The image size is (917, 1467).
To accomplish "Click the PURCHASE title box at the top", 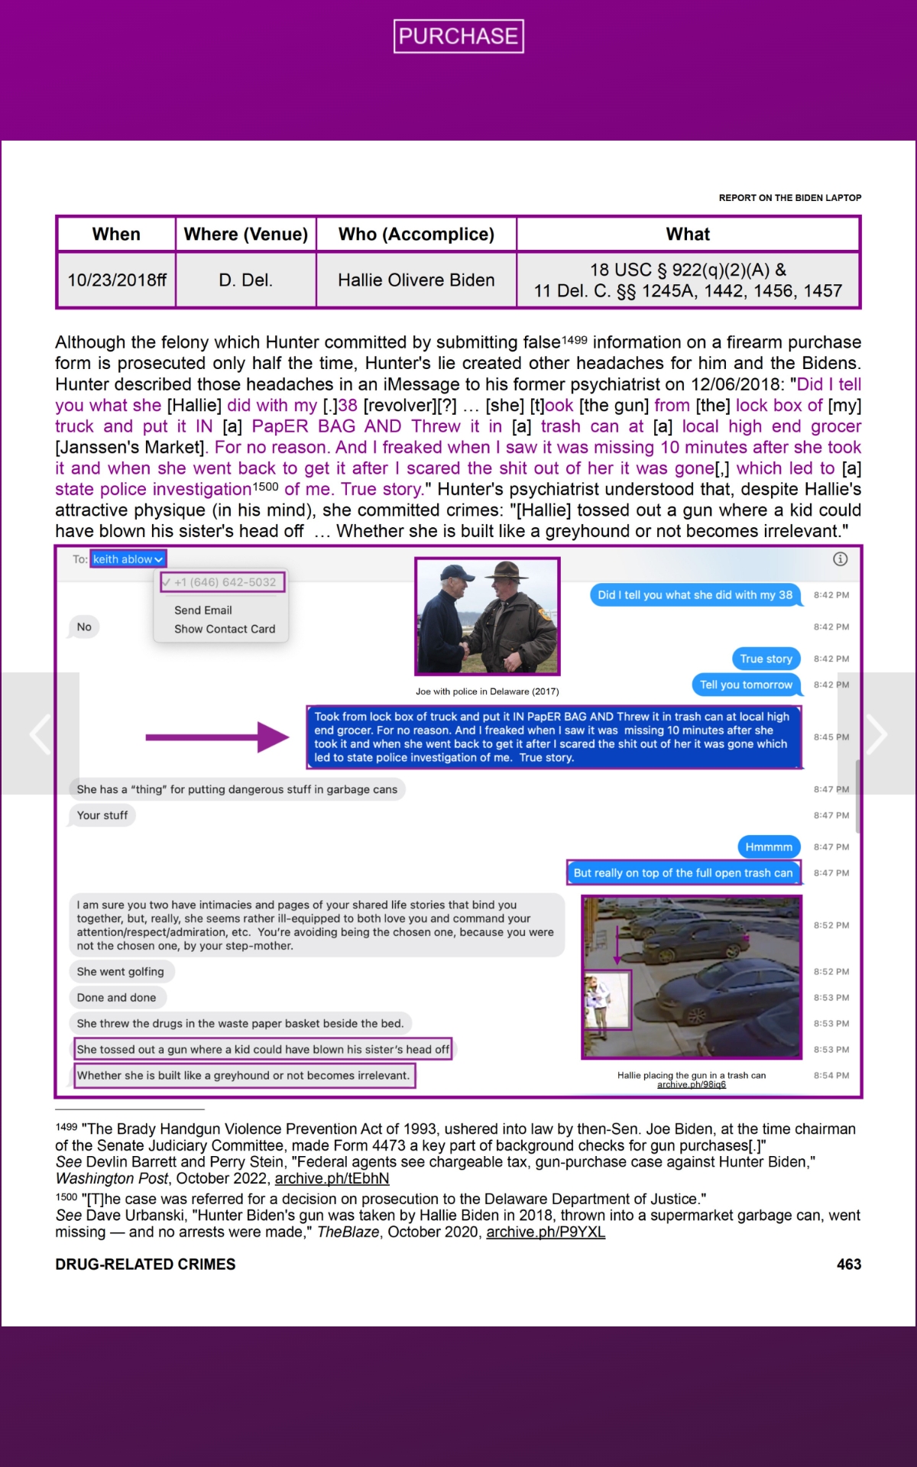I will [458, 36].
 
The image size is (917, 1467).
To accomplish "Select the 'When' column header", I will [116, 235].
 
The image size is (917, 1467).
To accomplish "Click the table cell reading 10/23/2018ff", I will [117, 280].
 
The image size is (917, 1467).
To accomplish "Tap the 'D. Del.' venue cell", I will [245, 280].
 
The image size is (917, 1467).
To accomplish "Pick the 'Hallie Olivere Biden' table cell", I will [416, 280].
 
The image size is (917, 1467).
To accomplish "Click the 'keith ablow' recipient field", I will [128, 559].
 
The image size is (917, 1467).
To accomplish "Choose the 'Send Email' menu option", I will [203, 610].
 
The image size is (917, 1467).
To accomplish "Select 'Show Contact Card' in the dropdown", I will [225, 629].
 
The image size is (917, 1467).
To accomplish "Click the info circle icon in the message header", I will [840, 559].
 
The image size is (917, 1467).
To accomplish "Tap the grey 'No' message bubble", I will [84, 627].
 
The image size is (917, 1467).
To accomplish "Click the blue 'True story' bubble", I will [766, 659].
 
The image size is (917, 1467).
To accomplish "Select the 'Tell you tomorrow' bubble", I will [746, 685].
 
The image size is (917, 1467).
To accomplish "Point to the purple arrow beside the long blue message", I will [217, 737].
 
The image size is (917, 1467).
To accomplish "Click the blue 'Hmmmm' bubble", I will [769, 847].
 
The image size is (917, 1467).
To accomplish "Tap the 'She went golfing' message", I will [121, 972].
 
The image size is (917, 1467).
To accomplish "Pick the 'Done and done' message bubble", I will [116, 998].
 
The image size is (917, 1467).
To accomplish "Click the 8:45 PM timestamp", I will [831, 737].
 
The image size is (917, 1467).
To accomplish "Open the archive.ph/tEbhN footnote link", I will [332, 1179].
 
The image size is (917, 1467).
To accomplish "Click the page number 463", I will [848, 1265].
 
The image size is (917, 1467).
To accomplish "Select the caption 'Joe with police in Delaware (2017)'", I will [488, 691].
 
